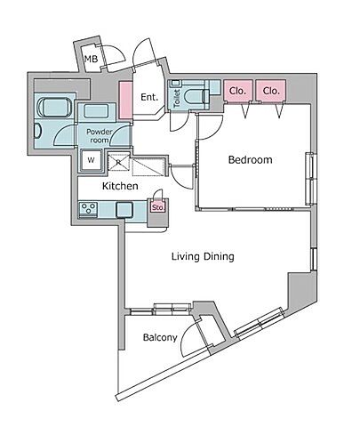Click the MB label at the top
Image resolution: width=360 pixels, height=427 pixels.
pos(91,59)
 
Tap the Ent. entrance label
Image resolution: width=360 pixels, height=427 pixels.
pos(149,97)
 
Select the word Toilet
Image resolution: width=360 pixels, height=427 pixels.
pos(177,98)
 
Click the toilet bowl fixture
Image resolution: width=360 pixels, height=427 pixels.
pos(196,97)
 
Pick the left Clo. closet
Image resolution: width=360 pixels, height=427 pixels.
pos(238,91)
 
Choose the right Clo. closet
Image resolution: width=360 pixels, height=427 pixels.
pos(271,91)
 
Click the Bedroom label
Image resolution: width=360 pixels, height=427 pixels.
pos(251,160)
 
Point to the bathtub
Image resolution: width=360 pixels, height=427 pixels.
pos(55,108)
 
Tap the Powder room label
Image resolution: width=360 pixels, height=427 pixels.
pos(100,136)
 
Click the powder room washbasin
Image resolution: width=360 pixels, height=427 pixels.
pos(96,111)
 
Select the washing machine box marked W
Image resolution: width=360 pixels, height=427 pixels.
pos(91,160)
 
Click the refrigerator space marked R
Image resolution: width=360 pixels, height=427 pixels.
pos(118,162)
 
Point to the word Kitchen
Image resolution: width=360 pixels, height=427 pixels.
pos(120,186)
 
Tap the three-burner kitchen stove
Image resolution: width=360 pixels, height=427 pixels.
pos(89,209)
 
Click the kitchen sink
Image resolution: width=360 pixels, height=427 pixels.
pos(124,210)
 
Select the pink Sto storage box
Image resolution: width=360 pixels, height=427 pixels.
pos(157,207)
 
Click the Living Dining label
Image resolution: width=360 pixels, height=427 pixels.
pos(203,256)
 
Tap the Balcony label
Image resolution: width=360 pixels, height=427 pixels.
pos(160,337)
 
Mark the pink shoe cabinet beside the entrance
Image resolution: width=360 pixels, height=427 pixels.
pos(125,101)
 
